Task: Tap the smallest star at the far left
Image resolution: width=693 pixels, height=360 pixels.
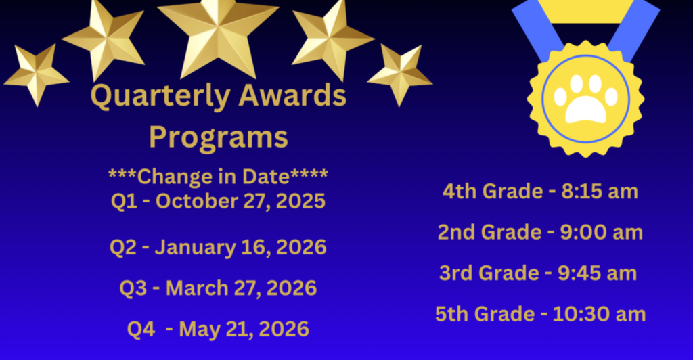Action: click(x=35, y=74)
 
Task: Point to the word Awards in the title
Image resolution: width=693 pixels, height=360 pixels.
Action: click(x=292, y=97)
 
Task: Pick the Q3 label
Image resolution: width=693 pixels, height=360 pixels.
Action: click(x=133, y=288)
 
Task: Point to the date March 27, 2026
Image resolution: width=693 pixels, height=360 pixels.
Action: click(x=241, y=288)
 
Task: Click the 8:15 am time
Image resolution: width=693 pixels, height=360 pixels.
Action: click(x=599, y=192)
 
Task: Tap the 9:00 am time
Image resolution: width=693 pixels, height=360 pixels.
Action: click(x=601, y=232)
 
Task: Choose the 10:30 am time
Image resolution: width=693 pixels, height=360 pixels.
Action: click(x=599, y=314)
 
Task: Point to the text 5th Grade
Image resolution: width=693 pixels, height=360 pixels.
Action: click(x=485, y=314)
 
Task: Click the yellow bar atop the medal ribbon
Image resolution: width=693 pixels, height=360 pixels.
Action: click(x=586, y=11)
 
